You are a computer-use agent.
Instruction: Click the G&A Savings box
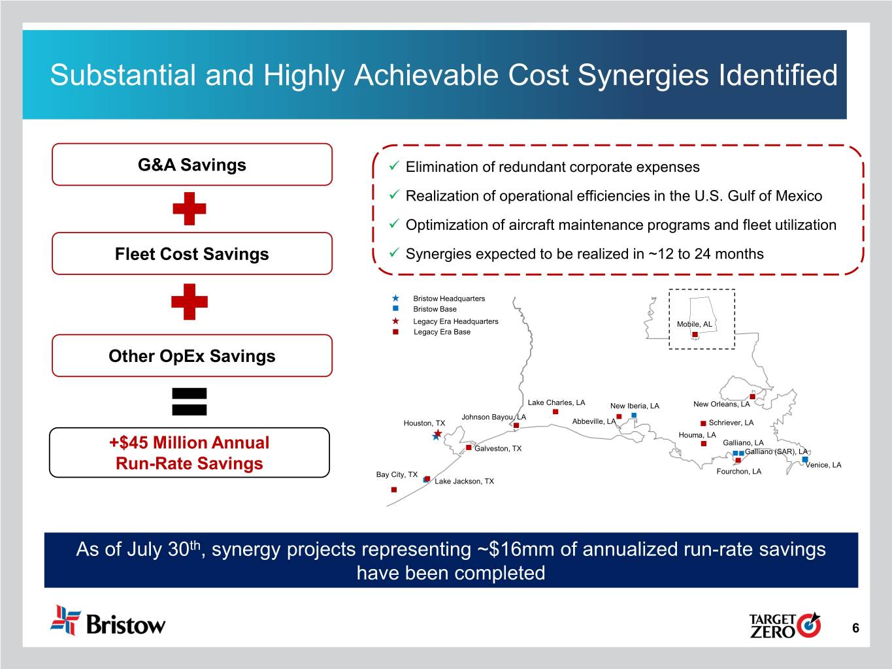192,165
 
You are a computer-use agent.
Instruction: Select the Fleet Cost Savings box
192,253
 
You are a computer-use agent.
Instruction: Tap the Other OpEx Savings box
192,355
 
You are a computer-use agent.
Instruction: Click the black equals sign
190,402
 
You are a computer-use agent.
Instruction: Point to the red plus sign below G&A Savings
190,209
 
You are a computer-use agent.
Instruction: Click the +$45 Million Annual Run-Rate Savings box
190,453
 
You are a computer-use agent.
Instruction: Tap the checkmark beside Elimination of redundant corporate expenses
394,166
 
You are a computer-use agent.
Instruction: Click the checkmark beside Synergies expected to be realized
394,253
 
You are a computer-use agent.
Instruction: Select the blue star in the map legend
395,298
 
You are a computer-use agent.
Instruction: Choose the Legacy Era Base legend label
442,332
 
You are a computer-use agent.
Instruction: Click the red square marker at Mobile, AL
695,334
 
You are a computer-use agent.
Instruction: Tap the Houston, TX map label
424,423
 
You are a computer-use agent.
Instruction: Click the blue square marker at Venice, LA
805,459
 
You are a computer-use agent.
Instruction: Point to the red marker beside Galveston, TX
469,448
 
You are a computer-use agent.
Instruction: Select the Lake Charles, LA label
556,402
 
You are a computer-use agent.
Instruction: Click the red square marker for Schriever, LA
703,423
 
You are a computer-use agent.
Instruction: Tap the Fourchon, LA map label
739,472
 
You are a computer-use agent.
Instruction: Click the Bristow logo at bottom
108,621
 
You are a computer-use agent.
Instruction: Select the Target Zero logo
785,625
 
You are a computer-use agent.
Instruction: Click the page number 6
855,628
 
